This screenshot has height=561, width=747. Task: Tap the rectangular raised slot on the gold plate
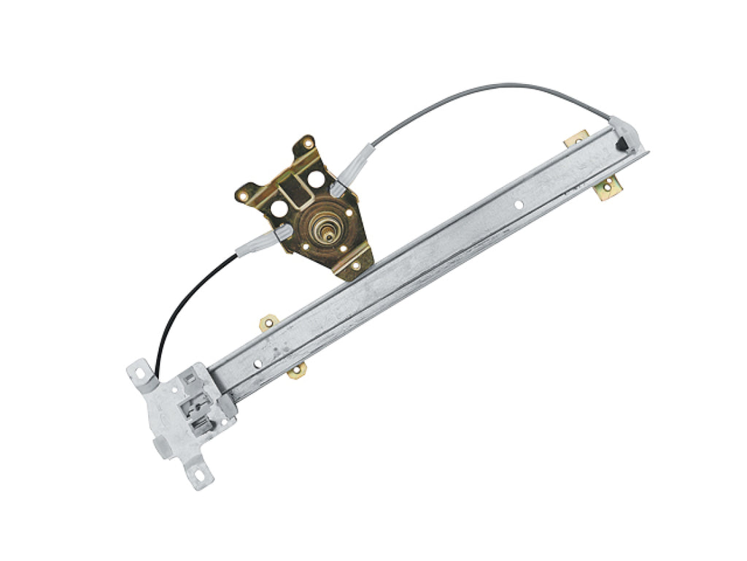296,191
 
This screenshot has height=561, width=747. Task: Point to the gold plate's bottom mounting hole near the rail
355,266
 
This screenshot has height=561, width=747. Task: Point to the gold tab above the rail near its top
576,137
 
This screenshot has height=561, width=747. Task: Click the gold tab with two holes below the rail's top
607,189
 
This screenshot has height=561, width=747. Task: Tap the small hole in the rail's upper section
519,205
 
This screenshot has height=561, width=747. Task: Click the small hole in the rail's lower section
258,363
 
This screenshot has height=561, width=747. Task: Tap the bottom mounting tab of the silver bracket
199,477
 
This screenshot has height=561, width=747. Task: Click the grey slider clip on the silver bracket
198,409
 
